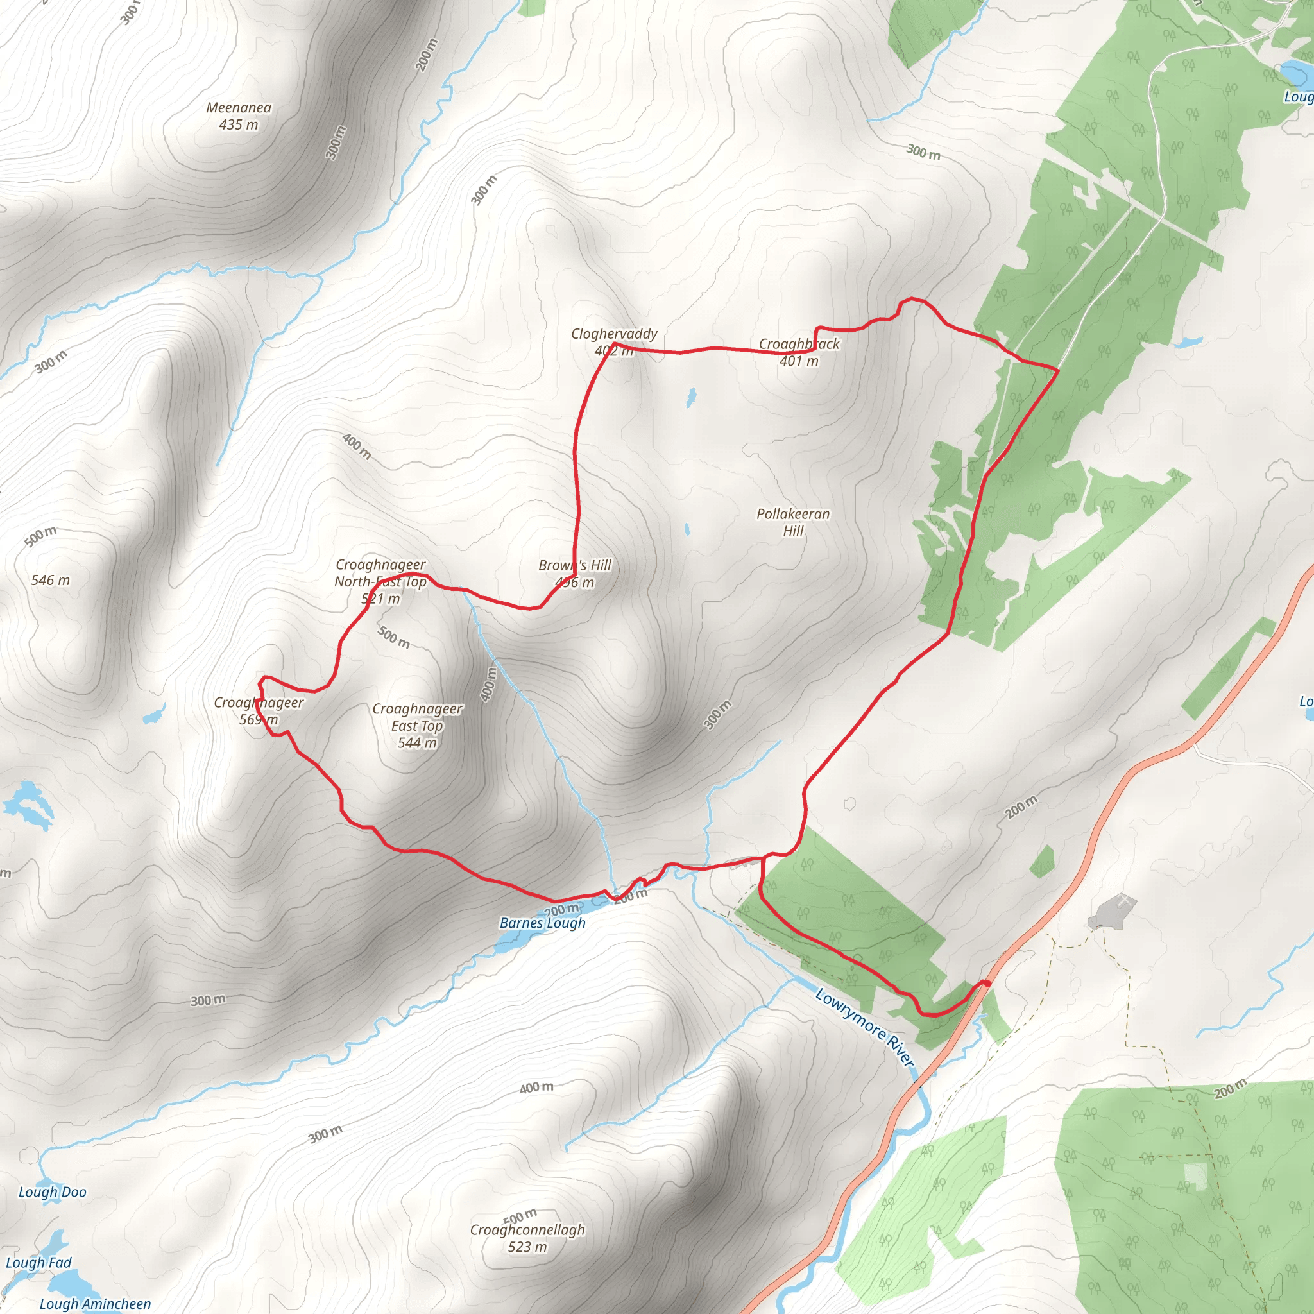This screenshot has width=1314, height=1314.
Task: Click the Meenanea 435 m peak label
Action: click(x=239, y=115)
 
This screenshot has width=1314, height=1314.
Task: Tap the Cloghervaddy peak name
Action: click(x=613, y=334)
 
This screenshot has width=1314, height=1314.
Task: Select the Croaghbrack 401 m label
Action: click(x=799, y=352)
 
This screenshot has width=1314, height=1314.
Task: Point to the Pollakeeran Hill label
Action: click(x=793, y=522)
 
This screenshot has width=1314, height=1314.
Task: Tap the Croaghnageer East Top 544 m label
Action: click(x=417, y=726)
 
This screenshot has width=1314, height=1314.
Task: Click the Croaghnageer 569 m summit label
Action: click(x=259, y=711)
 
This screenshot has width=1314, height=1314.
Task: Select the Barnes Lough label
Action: click(x=542, y=923)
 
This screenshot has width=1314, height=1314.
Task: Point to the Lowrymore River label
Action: click(x=864, y=1027)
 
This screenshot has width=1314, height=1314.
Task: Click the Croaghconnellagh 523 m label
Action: click(x=527, y=1238)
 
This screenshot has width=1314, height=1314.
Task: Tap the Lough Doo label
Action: click(x=53, y=1191)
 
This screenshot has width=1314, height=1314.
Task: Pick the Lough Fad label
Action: click(x=38, y=1262)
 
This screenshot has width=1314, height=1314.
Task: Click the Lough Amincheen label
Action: click(x=95, y=1304)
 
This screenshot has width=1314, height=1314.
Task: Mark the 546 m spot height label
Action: click(x=50, y=580)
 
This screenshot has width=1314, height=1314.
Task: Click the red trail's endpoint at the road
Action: click(x=986, y=984)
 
